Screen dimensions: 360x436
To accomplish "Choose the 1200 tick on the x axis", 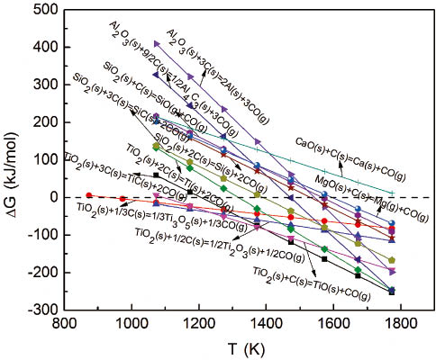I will click(199, 309).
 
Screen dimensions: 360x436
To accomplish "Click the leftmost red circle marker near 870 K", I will click(88, 195).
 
